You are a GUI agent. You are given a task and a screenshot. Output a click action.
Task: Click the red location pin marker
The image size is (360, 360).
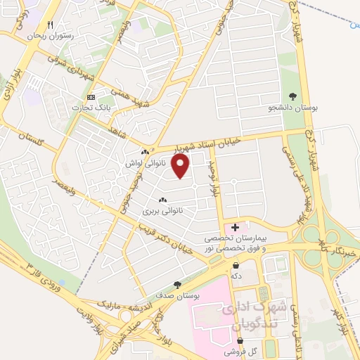tap(181, 166)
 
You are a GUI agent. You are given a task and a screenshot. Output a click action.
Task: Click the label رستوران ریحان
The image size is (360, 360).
tap(50, 34)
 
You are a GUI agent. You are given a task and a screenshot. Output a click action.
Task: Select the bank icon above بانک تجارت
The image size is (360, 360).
tap(90, 97)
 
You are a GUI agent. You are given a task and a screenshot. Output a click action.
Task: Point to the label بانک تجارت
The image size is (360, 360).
tap(89, 108)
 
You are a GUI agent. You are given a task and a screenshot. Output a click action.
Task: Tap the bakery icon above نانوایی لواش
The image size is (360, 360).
tap(145, 153)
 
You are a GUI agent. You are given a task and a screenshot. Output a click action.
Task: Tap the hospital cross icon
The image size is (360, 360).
tap(235, 227)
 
